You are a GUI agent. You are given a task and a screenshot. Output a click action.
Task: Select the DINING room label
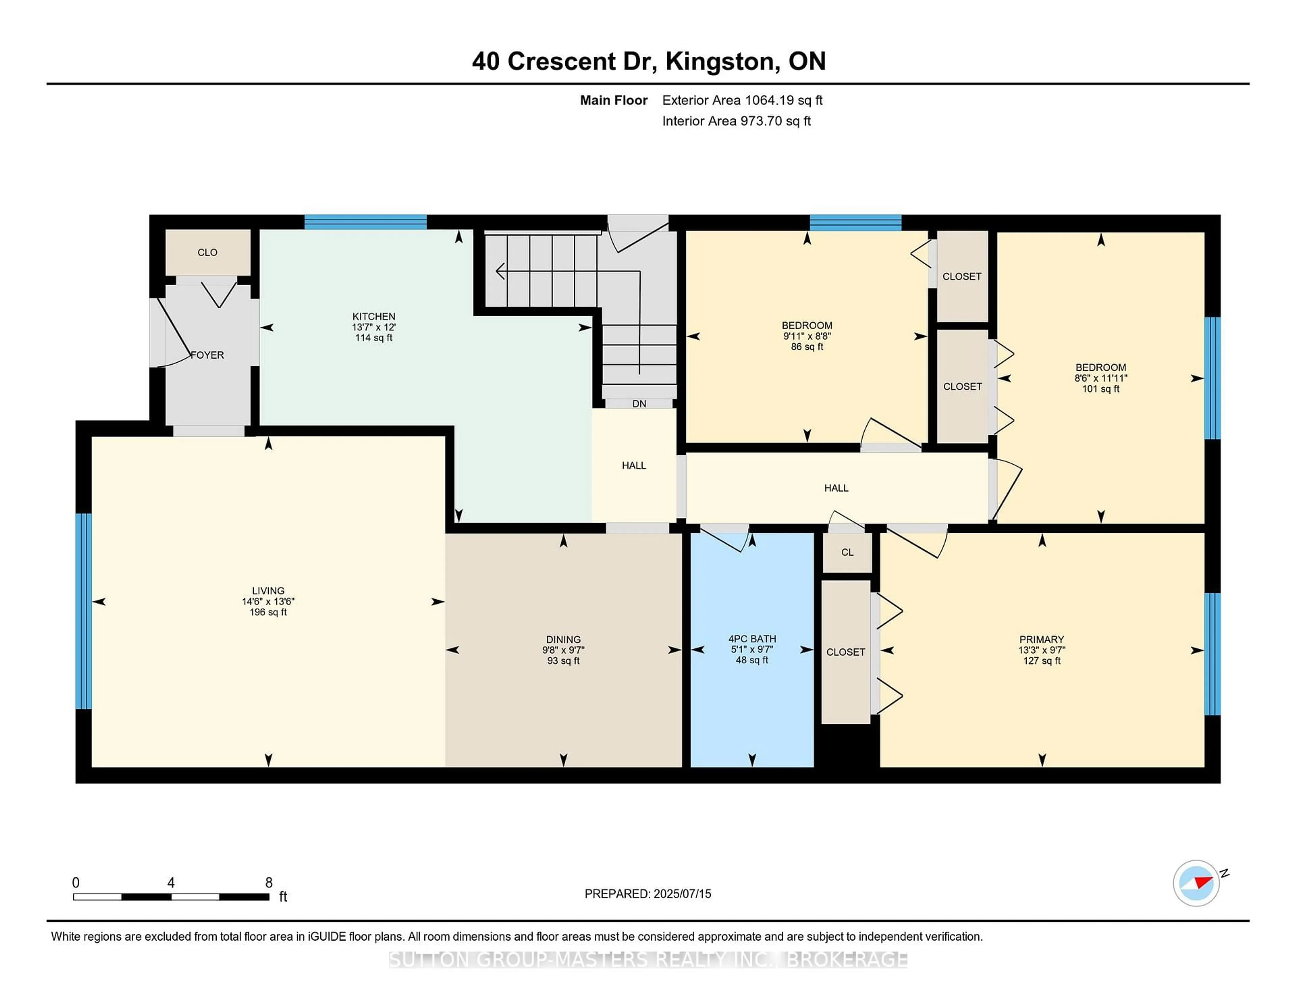563,639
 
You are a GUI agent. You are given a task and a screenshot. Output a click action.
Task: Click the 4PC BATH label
752,639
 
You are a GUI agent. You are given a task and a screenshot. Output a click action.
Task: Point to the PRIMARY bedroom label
1042,639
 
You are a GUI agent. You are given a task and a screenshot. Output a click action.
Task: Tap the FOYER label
207,355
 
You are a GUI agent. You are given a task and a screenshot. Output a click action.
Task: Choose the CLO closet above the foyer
207,252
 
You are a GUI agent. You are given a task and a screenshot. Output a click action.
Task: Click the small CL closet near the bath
847,552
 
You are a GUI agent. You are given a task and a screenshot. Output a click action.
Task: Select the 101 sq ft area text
1100,389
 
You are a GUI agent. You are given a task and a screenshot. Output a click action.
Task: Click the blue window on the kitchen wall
366,222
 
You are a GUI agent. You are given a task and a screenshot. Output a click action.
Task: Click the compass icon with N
1196,883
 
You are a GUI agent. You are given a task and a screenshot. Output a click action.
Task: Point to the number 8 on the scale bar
269,883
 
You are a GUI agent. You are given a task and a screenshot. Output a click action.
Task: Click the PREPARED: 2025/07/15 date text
647,893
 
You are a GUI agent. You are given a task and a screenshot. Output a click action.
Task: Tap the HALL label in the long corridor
836,488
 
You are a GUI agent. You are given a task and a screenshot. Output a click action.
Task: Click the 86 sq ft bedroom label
806,347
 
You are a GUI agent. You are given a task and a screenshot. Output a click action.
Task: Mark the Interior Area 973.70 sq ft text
736,121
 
